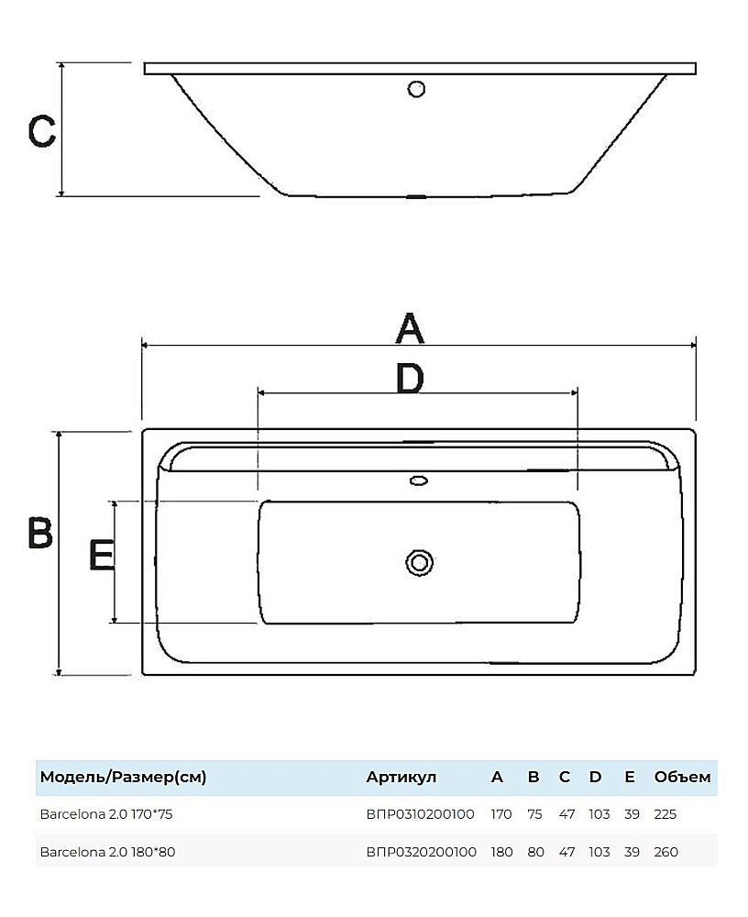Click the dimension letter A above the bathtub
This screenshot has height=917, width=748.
point(410,327)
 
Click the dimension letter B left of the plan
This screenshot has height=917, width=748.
point(39,532)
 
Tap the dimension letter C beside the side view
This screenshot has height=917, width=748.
point(42,132)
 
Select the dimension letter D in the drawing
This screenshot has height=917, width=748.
point(409,378)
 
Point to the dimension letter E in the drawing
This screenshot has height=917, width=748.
point(102,555)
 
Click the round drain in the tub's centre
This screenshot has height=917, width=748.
point(419,561)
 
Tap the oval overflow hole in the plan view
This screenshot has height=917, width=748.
point(419,479)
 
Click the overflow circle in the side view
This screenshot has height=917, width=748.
point(416,89)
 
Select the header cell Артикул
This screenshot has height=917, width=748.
point(401,778)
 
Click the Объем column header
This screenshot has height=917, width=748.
point(682,778)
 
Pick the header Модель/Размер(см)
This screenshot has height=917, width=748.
point(123,778)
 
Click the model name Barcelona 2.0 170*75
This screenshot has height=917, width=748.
point(106,813)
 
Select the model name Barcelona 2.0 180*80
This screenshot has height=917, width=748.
point(107,852)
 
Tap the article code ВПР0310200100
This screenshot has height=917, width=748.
point(420,813)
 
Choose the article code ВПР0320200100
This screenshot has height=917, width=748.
point(421,852)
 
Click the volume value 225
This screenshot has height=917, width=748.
point(665,813)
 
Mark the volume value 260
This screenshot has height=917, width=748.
point(666,852)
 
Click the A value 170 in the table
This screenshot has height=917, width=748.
point(501,813)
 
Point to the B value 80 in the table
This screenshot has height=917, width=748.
point(535,852)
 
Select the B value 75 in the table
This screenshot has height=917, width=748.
point(534,813)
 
